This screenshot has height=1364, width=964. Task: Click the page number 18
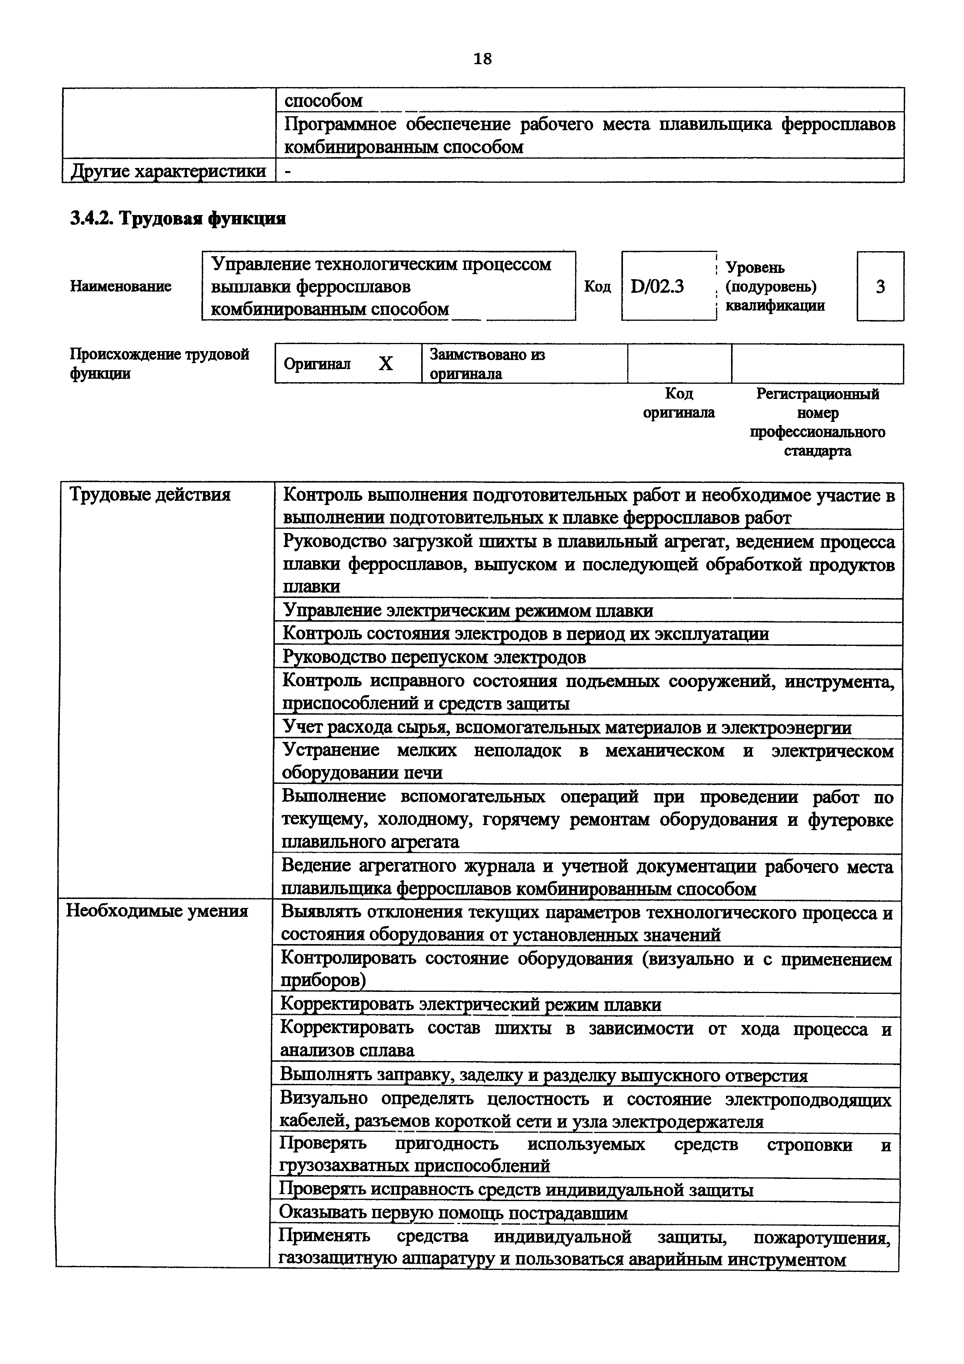pyautogui.click(x=482, y=59)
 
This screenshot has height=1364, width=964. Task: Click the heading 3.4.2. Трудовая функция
pyautogui.click(x=178, y=219)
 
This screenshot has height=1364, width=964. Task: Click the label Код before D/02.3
pyautogui.click(x=597, y=286)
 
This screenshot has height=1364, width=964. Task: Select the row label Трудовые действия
pyautogui.click(x=150, y=494)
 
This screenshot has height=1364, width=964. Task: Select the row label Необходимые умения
pyautogui.click(x=157, y=911)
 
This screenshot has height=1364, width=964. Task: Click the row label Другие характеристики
pyautogui.click(x=168, y=171)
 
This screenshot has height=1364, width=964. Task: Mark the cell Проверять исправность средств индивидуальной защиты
pyautogui.click(x=516, y=1189)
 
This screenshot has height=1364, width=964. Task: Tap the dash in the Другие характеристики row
pyautogui.click(x=289, y=171)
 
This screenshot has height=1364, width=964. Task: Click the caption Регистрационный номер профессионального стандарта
pyautogui.click(x=817, y=422)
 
